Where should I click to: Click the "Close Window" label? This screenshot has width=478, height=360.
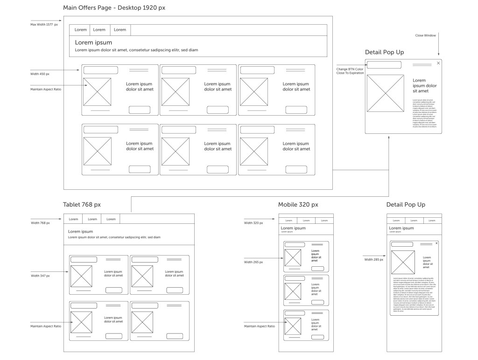pos(426,35)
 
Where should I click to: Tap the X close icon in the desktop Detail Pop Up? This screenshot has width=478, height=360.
pos(438,63)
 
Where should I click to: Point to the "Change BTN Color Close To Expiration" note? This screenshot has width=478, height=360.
pos(350,71)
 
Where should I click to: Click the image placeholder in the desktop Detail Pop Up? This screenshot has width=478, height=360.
pos(385,93)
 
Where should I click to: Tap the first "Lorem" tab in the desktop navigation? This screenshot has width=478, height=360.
pos(81,30)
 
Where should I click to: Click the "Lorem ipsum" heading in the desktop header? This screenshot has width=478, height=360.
pos(93,42)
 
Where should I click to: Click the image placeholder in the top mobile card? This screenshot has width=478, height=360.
pos(293,258)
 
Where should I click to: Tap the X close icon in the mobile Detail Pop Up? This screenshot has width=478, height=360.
pos(436,243)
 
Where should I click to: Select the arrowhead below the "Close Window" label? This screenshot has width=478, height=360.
pos(438,55)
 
